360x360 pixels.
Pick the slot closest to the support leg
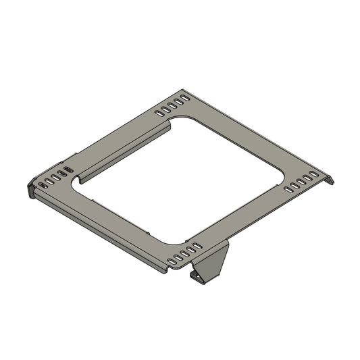197,245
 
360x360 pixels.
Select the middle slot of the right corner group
301,183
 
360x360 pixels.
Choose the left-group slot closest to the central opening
66,170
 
